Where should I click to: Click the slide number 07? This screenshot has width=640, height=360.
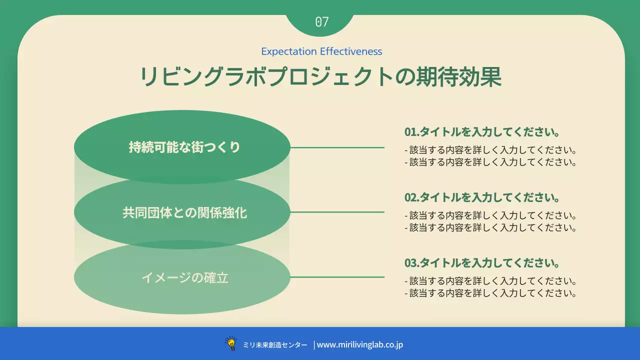[x=322, y=22]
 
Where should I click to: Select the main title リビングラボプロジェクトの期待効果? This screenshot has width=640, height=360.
[x=320, y=77]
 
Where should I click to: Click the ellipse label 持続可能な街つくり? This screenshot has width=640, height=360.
[x=184, y=147]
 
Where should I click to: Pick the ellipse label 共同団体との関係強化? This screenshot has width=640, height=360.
[x=184, y=212]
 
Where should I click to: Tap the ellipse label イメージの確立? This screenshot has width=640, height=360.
[x=184, y=277]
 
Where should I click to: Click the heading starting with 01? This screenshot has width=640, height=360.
[x=481, y=132]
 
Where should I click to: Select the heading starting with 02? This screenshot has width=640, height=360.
[x=481, y=197]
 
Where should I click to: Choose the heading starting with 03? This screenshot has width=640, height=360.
[x=481, y=263]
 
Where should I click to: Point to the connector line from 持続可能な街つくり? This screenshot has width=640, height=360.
[x=337, y=147]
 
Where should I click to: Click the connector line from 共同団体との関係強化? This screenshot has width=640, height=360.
[x=337, y=212]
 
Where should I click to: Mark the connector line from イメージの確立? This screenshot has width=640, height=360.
[x=337, y=277]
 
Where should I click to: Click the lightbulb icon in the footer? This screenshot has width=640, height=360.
[x=231, y=343]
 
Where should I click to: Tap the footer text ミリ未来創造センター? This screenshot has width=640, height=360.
[x=275, y=345]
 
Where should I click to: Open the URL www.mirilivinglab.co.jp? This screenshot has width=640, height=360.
[x=360, y=344]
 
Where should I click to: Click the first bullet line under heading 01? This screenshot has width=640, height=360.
[x=491, y=150]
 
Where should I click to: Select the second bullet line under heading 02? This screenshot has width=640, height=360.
[x=491, y=227]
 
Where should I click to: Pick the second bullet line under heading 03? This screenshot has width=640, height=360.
[x=491, y=293]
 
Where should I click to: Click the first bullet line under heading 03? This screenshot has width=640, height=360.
[x=491, y=281]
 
